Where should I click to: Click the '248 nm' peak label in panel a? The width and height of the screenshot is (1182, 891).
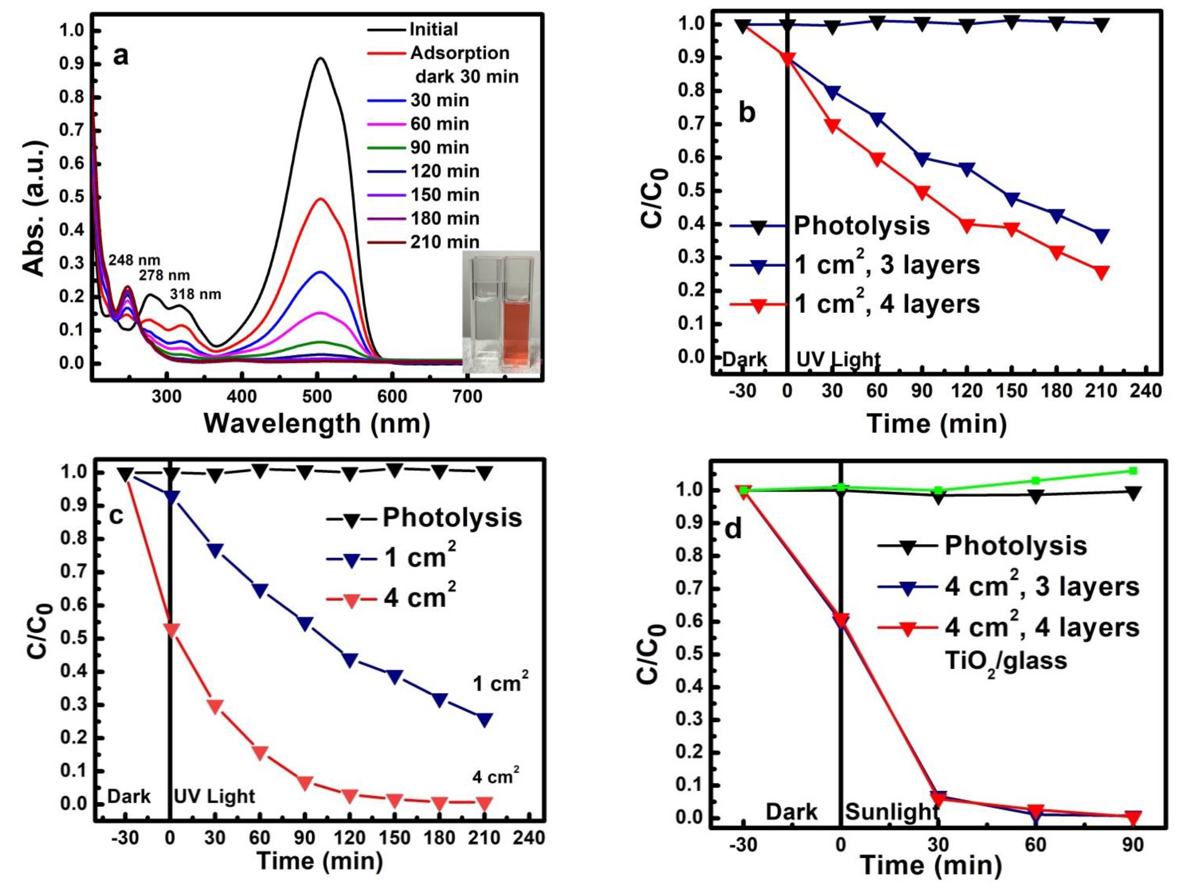[x=134, y=260]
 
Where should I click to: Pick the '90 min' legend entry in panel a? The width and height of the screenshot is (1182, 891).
[x=439, y=147]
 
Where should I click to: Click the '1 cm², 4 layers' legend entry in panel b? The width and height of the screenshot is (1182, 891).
[x=887, y=304]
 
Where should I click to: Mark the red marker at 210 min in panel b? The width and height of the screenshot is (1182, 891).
[x=1101, y=271]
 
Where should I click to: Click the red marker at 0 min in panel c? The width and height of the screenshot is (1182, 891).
[x=170, y=629]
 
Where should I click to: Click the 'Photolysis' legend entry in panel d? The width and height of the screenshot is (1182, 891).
[x=1015, y=546]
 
